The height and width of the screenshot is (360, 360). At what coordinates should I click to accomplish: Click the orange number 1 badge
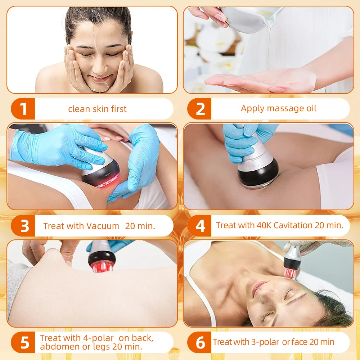pos(23,109)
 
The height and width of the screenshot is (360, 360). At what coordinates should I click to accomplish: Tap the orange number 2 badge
pos(200,109)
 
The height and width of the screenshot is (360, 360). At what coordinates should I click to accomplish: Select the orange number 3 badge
pos(24,226)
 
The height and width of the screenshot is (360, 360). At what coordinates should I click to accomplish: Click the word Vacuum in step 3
pos(103,226)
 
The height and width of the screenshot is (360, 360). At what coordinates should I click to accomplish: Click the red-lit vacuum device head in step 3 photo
pos(101,176)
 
